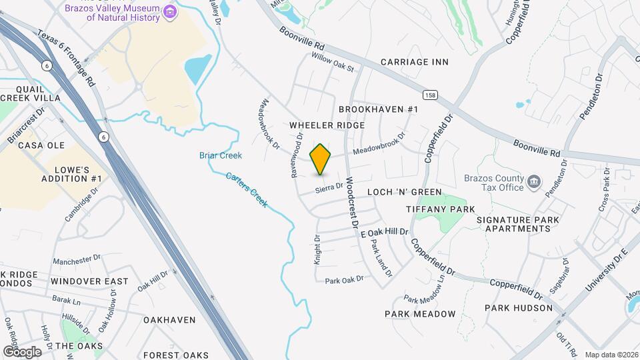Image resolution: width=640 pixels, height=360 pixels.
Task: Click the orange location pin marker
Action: click(321, 159)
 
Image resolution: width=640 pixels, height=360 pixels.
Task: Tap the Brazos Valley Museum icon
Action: click(170, 11)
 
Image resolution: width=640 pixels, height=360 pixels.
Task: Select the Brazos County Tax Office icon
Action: click(534, 181)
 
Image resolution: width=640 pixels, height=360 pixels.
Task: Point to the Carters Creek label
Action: click(247, 189)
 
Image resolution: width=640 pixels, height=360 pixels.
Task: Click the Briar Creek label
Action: click(220, 155)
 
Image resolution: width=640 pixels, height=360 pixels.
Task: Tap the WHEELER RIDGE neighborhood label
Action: click(327, 125)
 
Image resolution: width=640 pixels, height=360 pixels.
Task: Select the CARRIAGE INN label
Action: click(414, 62)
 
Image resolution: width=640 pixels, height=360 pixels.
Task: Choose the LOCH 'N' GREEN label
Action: click(405, 192)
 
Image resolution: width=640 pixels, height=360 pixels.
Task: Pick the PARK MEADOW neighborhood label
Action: click(420, 314)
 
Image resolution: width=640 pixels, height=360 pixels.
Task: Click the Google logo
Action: click(21, 351)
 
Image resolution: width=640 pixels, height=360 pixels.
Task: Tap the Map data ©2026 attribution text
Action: click(611, 355)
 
